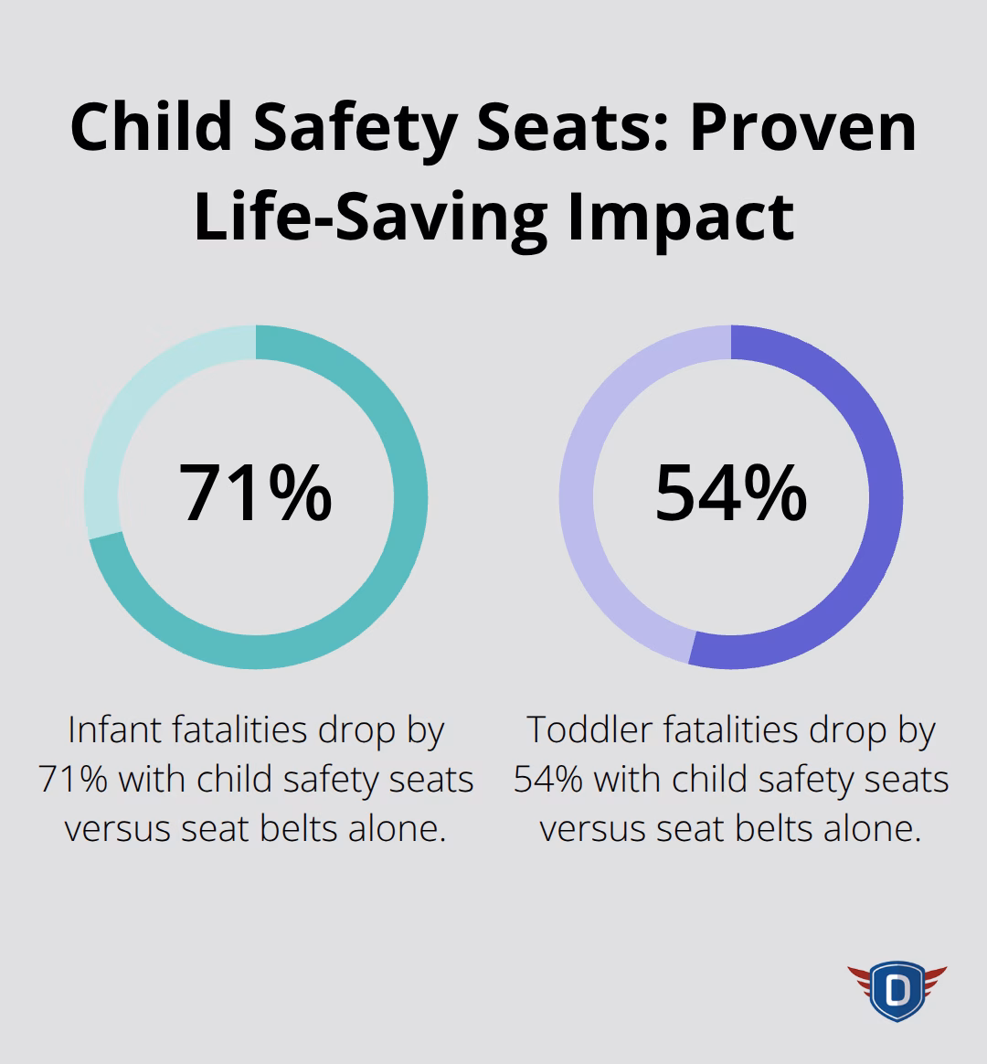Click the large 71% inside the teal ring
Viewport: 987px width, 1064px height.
[255, 494]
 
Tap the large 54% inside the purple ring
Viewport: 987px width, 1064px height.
[731, 494]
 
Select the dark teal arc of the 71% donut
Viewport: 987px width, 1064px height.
[402, 548]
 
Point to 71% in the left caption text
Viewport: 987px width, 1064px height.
[74, 780]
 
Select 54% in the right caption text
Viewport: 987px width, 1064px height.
[548, 780]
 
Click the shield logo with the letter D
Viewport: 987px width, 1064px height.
[897, 990]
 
